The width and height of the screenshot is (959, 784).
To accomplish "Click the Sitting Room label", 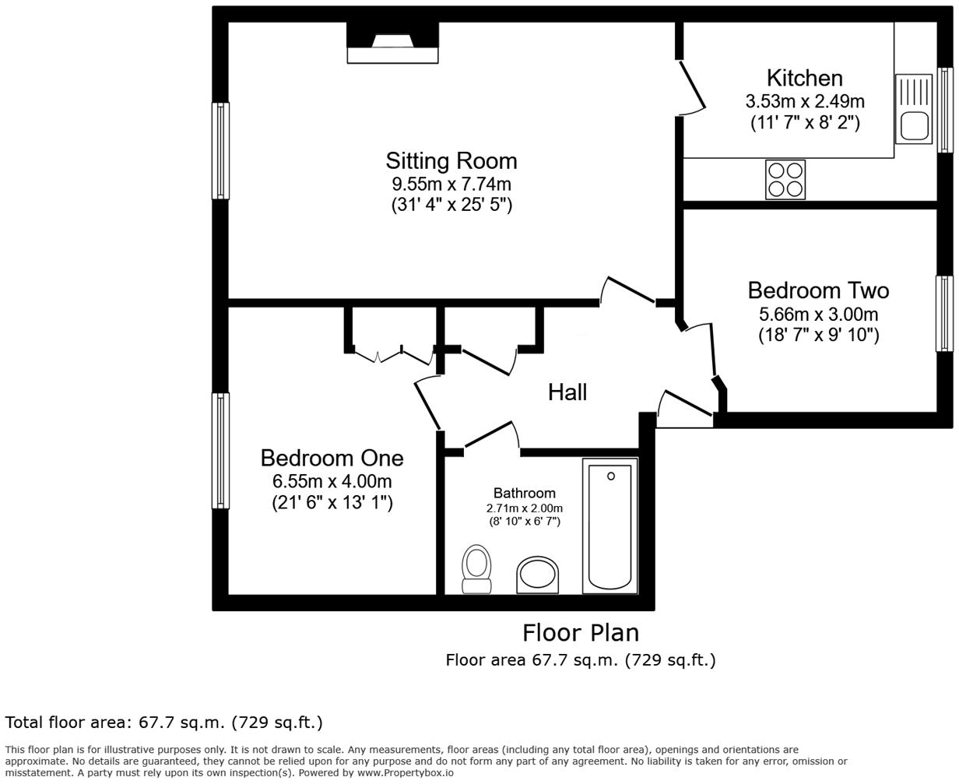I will click(x=451, y=161).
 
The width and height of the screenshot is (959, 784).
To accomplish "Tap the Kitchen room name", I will click(x=804, y=78).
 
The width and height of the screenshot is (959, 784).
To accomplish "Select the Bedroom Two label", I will click(x=818, y=290).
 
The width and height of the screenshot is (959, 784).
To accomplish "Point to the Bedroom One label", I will click(x=332, y=458).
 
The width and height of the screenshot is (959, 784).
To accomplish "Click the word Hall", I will click(x=567, y=392).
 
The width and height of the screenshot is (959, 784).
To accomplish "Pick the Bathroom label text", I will click(x=524, y=493).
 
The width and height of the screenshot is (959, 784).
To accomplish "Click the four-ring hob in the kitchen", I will click(x=785, y=180).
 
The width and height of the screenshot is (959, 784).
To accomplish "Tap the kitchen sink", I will click(x=913, y=109).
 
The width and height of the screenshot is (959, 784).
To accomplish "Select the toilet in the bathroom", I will click(x=476, y=568).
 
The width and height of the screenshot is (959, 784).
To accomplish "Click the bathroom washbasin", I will click(x=538, y=575).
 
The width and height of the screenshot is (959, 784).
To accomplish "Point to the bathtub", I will click(x=609, y=526).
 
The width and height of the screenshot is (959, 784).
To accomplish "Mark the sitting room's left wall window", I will click(x=221, y=150).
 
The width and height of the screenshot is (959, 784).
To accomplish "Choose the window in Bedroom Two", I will click(x=944, y=314).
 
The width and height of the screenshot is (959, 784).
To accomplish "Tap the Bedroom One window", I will click(x=221, y=450).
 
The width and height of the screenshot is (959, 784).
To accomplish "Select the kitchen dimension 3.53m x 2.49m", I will click(x=804, y=101).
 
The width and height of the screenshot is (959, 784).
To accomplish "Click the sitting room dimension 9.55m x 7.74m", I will click(x=451, y=185).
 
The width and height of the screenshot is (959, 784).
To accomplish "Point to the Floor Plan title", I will click(x=580, y=632).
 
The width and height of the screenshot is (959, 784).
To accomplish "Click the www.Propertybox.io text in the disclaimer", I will click(x=405, y=773).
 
